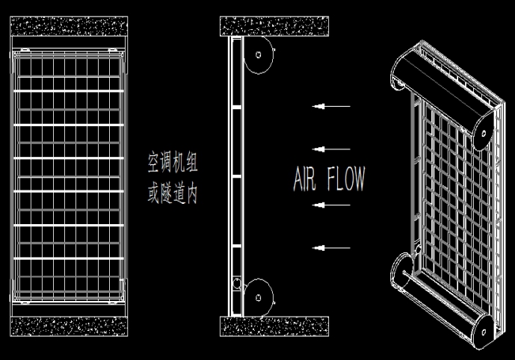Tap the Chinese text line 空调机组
coord(173,162)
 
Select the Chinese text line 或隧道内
coord(173,193)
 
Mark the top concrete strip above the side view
coord(274,26)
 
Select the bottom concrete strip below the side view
coord(274,326)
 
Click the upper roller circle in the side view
coord(258,55)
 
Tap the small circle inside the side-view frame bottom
coord(237,284)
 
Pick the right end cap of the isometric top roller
coord(483,133)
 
